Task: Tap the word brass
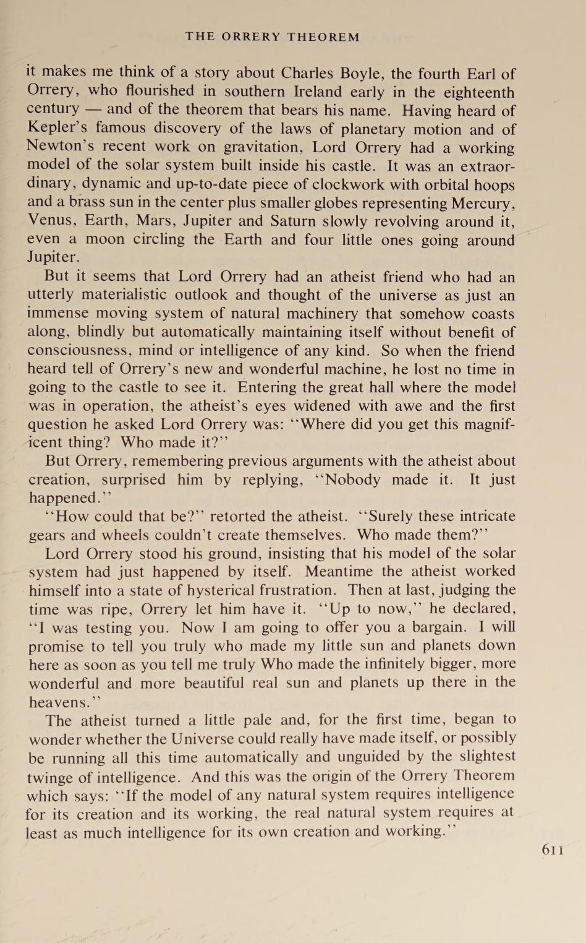89,203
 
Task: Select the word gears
49,535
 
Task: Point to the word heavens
59,702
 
